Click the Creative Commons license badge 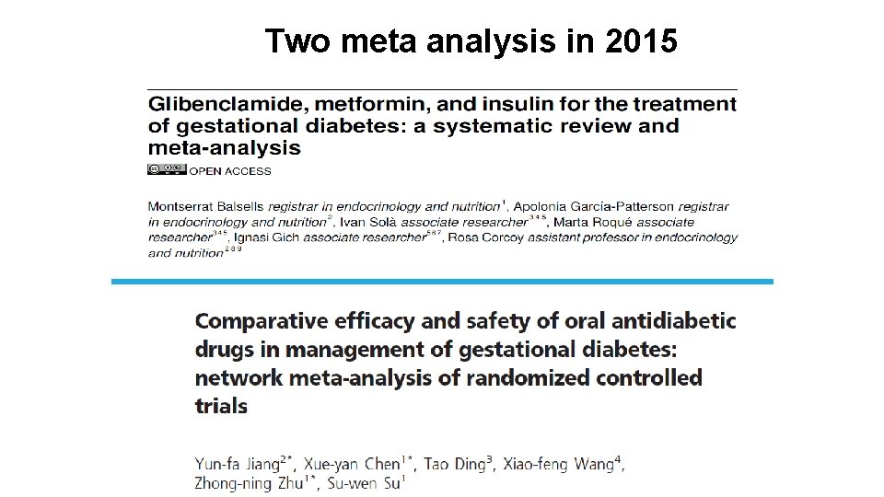pyautogui.click(x=167, y=169)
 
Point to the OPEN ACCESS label pyautogui.click(x=230, y=170)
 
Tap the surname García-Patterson pyautogui.click(x=632, y=207)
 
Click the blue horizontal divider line pyautogui.click(x=442, y=282)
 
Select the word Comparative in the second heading pyautogui.click(x=262, y=321)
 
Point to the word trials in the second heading pyautogui.click(x=221, y=406)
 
